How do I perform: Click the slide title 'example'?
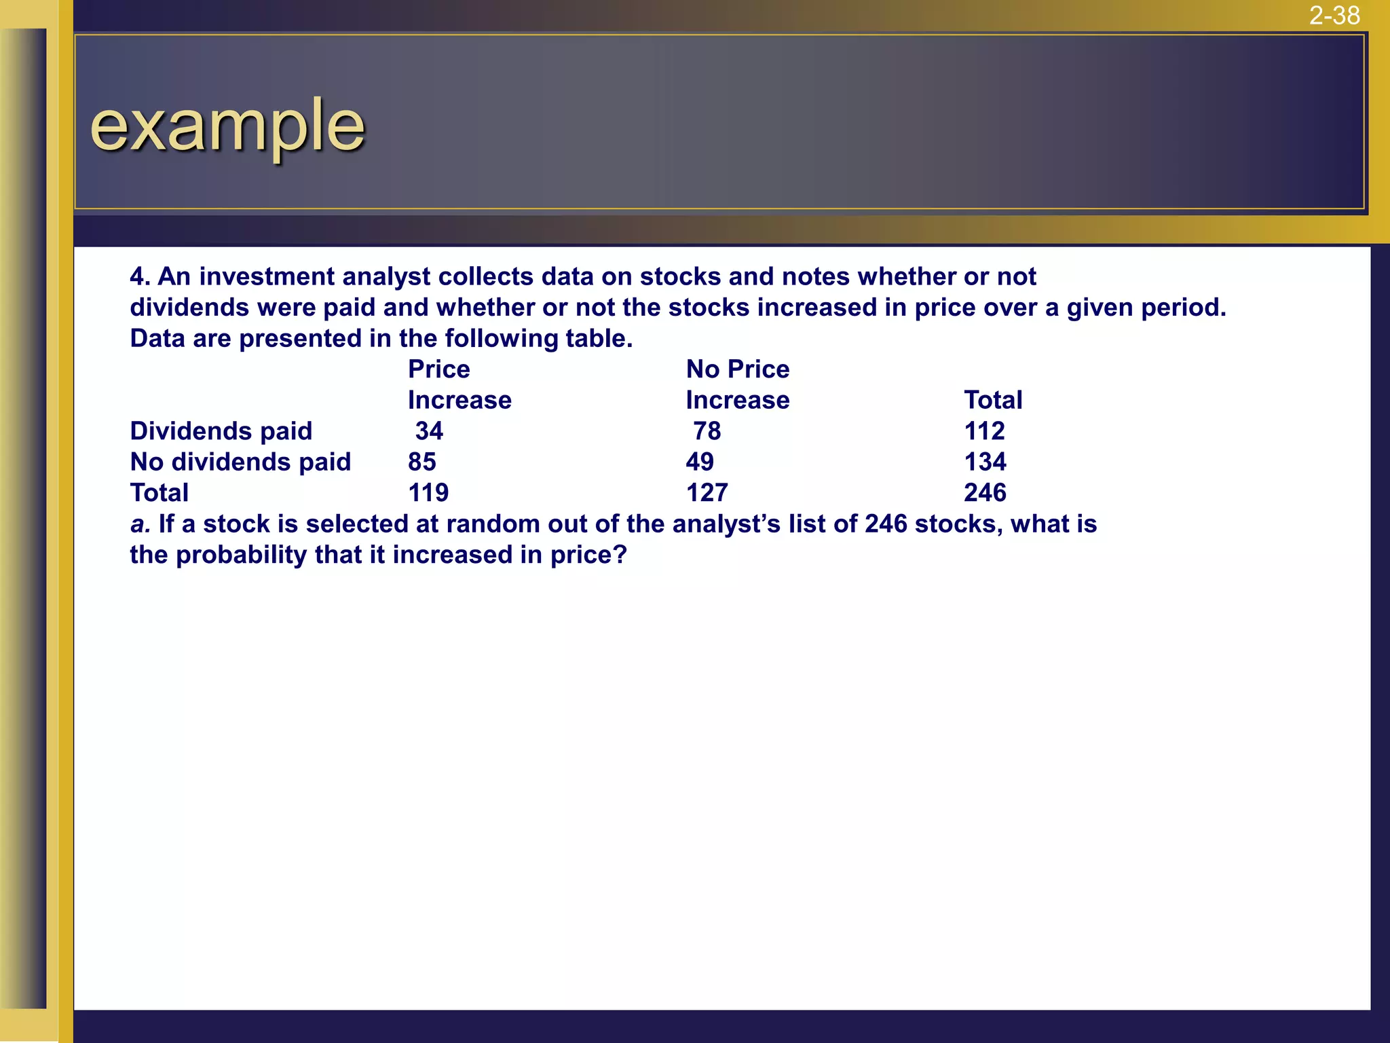pos(227,126)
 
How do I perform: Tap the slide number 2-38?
pos(1334,16)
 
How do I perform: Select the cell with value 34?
pos(429,431)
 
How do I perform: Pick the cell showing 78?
pos(707,431)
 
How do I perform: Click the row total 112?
pos(984,431)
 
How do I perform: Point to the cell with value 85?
pos(421,462)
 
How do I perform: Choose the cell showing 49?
pos(700,462)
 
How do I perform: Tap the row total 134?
pos(985,462)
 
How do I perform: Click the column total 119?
pos(428,493)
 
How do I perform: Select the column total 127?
pos(707,493)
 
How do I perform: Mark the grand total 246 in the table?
pos(985,493)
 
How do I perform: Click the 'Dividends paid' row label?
pos(221,431)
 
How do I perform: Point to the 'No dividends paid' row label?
pos(240,462)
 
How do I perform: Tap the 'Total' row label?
pos(159,493)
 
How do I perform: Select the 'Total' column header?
pos(993,401)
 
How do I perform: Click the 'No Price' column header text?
pos(738,369)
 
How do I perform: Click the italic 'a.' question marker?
pos(140,524)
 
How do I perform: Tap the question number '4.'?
pos(140,277)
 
